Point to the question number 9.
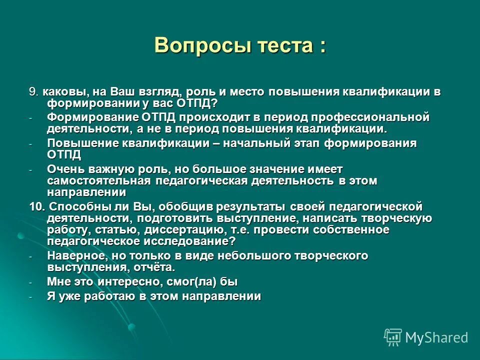coord(32,92)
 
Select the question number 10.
coord(36,206)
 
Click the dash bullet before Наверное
coord(30,257)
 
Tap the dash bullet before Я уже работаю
coord(30,297)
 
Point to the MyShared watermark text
coord(436,337)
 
